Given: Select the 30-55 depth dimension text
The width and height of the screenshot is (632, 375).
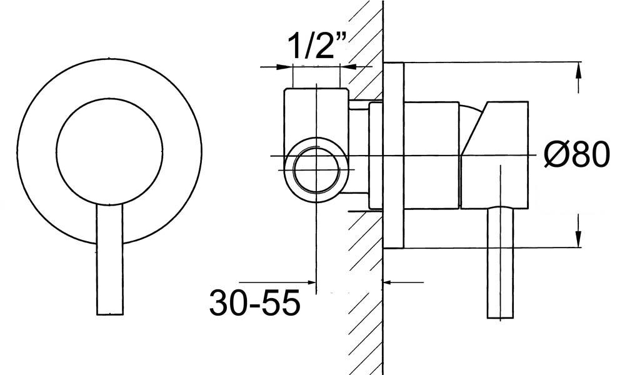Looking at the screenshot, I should (x=254, y=304).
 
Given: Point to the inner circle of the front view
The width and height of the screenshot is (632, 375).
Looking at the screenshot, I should (x=109, y=151).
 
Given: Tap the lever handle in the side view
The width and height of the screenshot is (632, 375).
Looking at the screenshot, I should (x=500, y=262).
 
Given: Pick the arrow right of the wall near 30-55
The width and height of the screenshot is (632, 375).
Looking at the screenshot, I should (x=390, y=282).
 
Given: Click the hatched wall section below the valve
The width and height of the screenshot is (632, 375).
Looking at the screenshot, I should (x=363, y=300).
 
